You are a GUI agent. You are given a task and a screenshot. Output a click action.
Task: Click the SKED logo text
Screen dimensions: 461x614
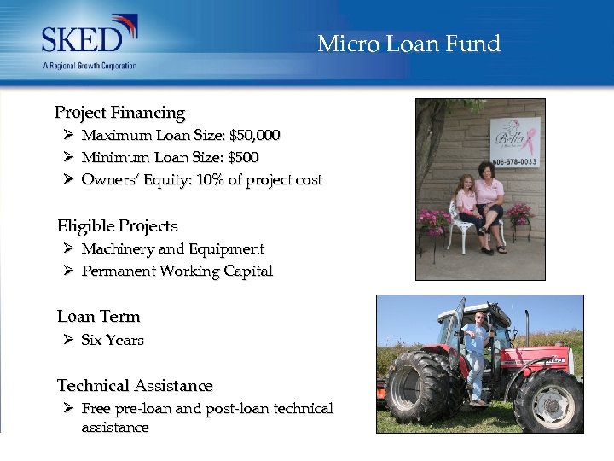click(84, 40)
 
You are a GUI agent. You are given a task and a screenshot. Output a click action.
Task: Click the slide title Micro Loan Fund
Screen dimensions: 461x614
click(408, 44)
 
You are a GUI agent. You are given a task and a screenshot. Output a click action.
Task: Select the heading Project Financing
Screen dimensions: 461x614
click(119, 113)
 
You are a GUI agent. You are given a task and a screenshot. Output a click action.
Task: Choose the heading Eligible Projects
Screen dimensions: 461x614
click(118, 226)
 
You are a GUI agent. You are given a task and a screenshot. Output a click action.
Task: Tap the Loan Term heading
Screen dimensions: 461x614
click(98, 317)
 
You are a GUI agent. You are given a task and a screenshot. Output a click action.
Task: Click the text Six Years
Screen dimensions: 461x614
click(113, 340)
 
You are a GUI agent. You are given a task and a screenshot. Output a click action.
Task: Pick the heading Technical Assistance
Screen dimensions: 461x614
click(135, 386)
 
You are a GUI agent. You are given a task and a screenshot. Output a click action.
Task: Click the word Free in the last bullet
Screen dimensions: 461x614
click(96, 409)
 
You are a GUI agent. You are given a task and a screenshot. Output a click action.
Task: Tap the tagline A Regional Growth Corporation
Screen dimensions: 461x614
click(90, 66)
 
